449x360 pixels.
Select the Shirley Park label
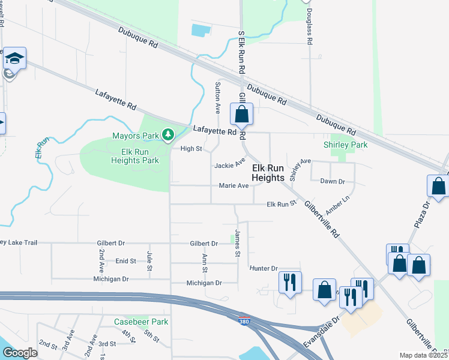coord(345,145)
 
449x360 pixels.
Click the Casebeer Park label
coord(141,322)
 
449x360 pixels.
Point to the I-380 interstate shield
coord(244,322)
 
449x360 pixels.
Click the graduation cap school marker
coord(14,58)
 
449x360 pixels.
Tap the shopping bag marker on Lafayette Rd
coord(241,114)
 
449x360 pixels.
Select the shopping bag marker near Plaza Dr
coord(439,186)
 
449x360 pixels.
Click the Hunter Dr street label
coord(264,269)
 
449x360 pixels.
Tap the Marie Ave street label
coord(234,186)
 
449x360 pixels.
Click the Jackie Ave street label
coord(230,163)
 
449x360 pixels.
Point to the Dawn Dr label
coord(333,181)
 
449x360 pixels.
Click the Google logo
coord(20,353)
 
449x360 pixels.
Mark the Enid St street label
coord(126,261)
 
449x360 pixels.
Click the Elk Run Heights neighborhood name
coord(268,173)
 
